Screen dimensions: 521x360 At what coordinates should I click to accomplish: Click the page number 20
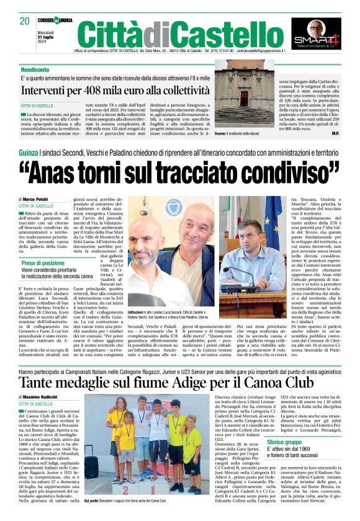coord(25,20)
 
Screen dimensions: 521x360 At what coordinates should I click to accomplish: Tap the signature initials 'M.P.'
coord(335,133)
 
